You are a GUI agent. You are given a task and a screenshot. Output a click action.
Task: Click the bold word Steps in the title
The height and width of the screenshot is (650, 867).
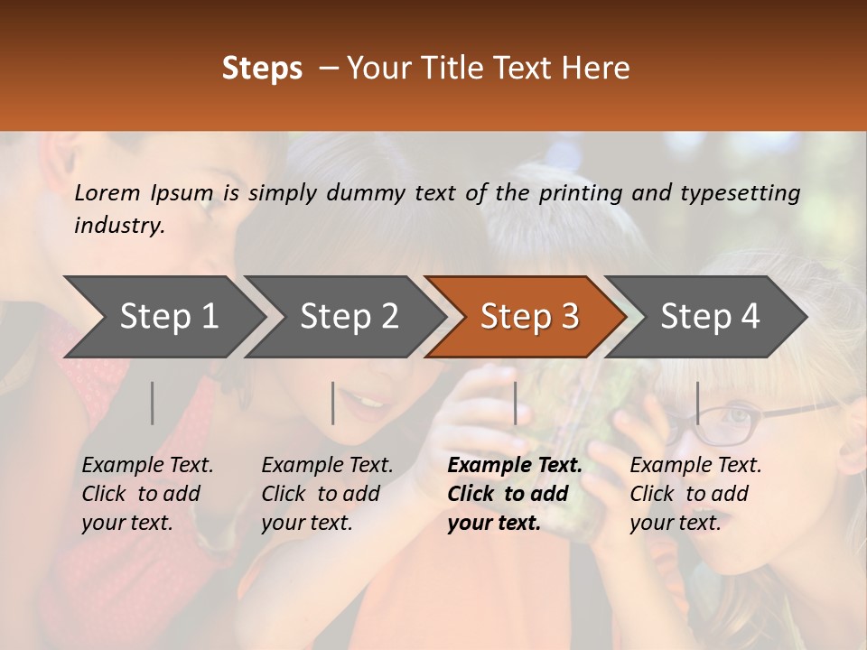pos(262,69)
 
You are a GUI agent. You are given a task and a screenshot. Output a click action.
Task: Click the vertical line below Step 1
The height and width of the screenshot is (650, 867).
pos(153,403)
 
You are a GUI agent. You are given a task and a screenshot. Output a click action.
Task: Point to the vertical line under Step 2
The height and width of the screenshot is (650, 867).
pos(333,403)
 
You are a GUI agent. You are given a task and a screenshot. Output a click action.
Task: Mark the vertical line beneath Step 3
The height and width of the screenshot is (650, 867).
pos(516,403)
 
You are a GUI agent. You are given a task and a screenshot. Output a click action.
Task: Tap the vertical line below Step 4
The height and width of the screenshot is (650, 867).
pos(697,403)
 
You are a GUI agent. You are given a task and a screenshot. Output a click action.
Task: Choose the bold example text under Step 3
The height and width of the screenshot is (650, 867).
pos(513,494)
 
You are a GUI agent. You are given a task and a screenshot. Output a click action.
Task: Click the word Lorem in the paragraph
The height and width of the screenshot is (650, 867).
pos(107,193)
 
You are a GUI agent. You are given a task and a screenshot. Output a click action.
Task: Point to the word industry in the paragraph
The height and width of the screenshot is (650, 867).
pos(118,226)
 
